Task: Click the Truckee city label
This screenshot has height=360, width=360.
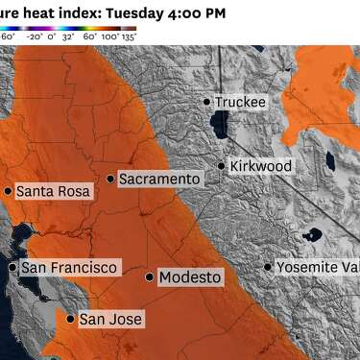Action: pyautogui.click(x=240, y=102)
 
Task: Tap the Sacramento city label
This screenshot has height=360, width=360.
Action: pyautogui.click(x=159, y=180)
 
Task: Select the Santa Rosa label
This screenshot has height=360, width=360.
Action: pyautogui.click(x=54, y=191)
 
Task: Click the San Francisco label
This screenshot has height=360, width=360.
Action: pyautogui.click(x=69, y=267)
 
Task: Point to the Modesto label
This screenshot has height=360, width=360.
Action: pyautogui.click(x=190, y=277)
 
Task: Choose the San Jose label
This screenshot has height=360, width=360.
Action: pyautogui.click(x=110, y=319)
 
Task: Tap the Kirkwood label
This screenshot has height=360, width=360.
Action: pyautogui.click(x=261, y=166)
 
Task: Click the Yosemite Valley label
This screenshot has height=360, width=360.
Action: pyautogui.click(x=318, y=267)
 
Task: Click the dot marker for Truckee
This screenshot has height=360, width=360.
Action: pyautogui.click(x=206, y=101)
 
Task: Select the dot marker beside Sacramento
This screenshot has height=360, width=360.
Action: pyautogui.click(x=110, y=179)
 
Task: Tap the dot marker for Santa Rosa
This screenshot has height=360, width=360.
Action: pyautogui.click(x=8, y=191)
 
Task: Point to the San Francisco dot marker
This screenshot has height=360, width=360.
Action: pyautogui.click(x=12, y=267)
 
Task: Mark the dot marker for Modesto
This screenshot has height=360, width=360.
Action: pyautogui.click(x=149, y=277)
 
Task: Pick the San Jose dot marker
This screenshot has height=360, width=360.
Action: pyautogui.click(x=70, y=319)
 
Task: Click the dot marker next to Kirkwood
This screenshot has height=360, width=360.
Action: pyautogui.click(x=221, y=166)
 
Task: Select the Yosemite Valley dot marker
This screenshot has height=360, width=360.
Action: pyautogui.click(x=268, y=267)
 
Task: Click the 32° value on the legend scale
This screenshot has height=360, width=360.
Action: pyautogui.click(x=69, y=36)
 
